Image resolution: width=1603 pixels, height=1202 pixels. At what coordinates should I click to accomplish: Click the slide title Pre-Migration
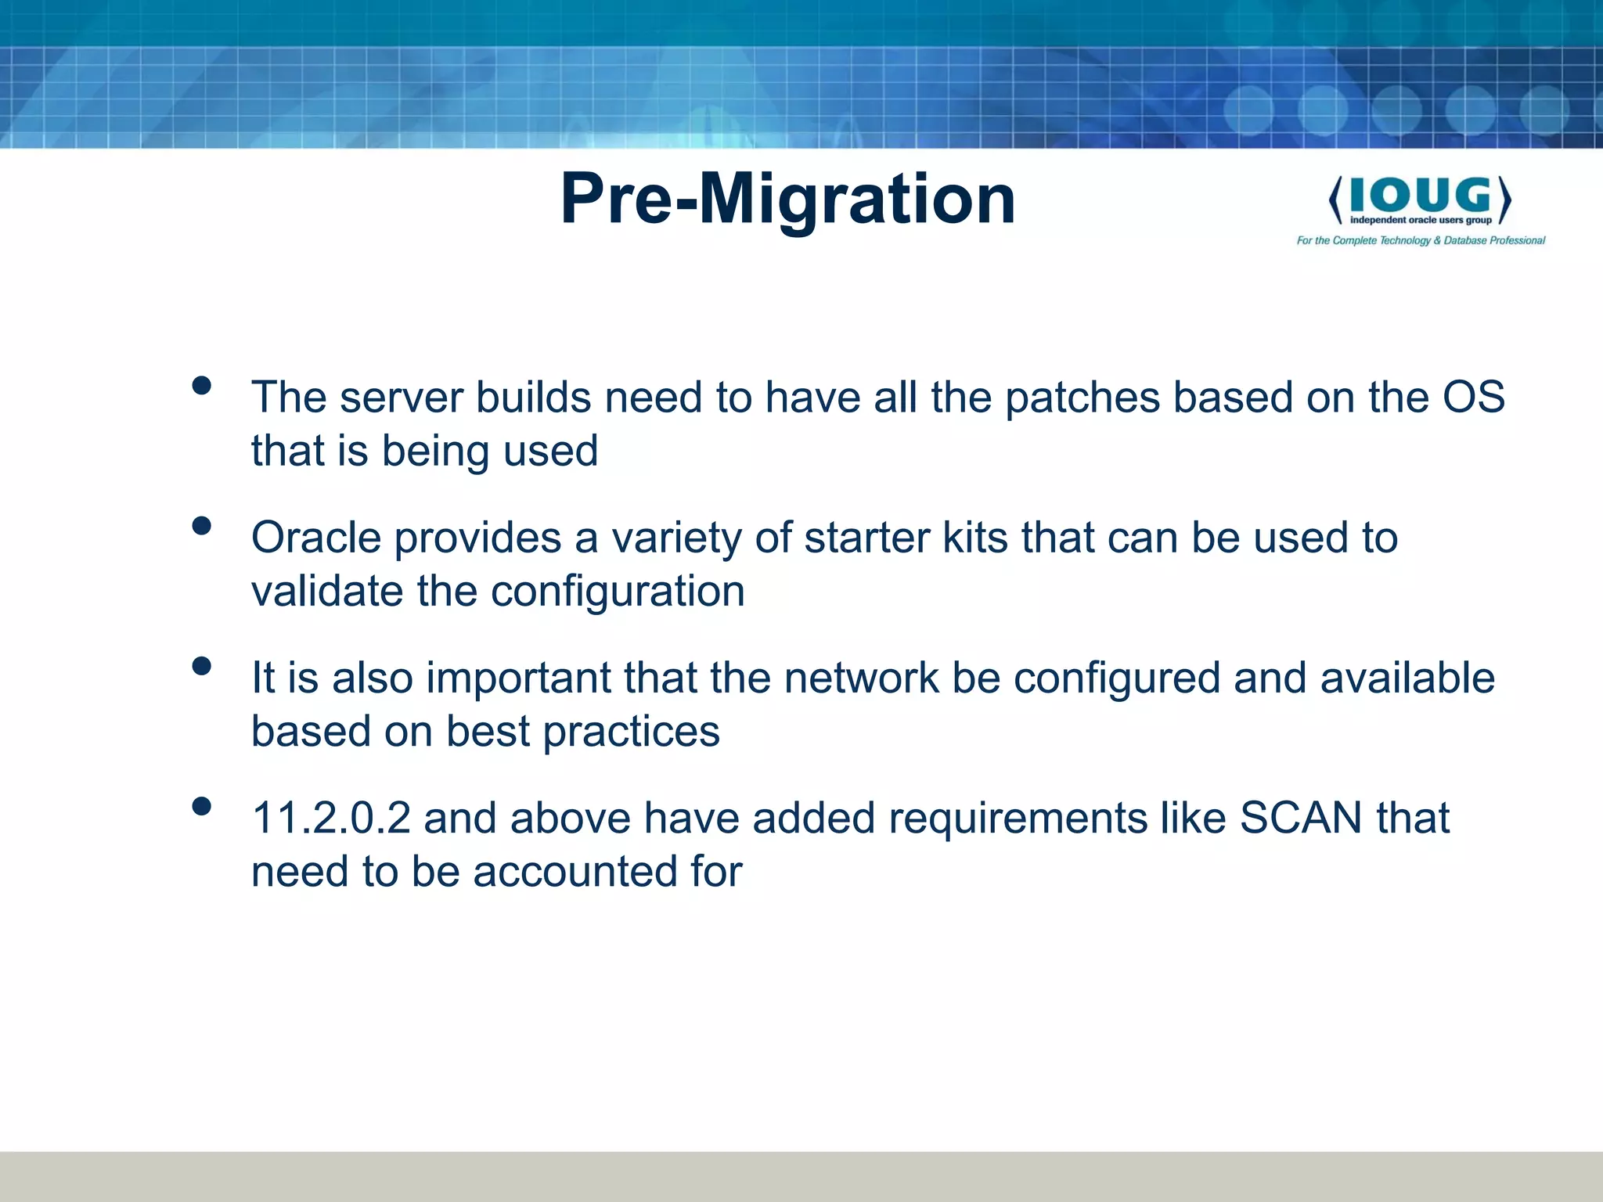pos(787,200)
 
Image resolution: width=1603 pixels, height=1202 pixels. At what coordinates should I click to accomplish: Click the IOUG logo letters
pos(1420,195)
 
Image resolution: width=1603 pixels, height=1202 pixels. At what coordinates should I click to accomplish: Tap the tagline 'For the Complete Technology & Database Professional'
pos(1421,240)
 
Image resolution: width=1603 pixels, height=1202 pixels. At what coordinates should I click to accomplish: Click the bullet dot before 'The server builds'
pos(201,386)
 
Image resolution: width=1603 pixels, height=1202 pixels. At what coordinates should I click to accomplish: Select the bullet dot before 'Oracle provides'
pos(201,526)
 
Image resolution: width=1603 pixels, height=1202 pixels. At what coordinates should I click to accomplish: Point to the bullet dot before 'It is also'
pos(201,666)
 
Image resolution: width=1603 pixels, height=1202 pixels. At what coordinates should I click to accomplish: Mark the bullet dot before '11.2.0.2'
pos(201,806)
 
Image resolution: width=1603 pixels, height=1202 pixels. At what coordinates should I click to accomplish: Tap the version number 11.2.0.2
pos(330,819)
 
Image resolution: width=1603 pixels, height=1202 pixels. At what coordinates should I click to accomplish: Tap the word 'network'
pos(861,678)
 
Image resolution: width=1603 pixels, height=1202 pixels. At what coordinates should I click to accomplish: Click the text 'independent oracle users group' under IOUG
pos(1420,221)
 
